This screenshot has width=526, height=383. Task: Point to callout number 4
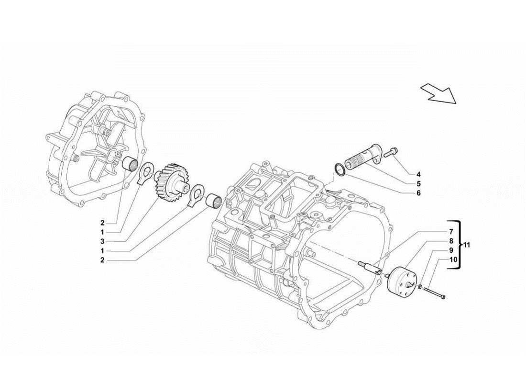[x=418, y=174]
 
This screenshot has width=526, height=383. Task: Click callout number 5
[x=418, y=184]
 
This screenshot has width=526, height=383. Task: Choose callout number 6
[x=418, y=193]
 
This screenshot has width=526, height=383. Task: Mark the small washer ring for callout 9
[x=419, y=287]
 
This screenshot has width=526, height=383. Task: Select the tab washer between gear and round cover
[x=145, y=173]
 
